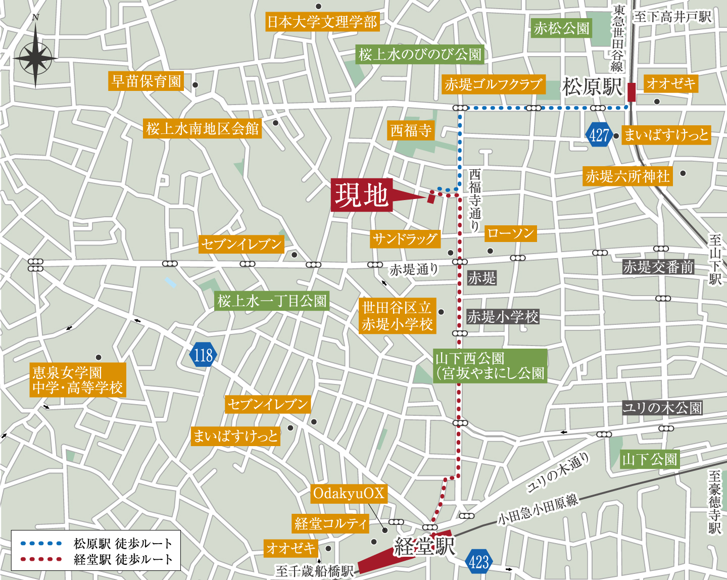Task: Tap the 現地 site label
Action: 362,195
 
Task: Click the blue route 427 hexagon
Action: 599,135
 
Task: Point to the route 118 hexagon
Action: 204,355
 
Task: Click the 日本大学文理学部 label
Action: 322,22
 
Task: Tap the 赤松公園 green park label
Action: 561,28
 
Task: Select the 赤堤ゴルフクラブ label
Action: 494,84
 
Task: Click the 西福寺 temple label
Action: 411,131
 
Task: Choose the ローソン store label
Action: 510,233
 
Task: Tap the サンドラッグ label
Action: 405,239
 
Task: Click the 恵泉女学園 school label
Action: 78,380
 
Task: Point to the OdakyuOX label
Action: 349,493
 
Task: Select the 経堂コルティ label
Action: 331,523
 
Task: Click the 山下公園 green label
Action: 649,459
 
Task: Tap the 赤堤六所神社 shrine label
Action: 627,176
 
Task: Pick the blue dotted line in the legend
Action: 41,544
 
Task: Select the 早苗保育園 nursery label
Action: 146,81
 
